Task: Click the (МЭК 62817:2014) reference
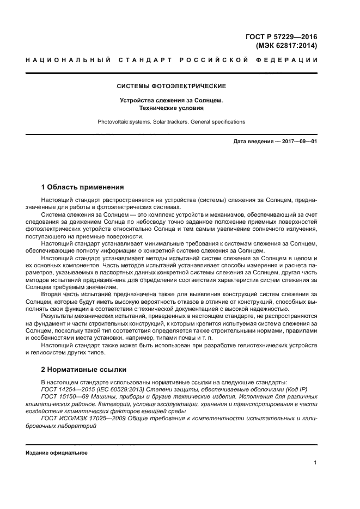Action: (286, 46)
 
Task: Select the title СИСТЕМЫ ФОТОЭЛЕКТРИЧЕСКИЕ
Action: (172, 86)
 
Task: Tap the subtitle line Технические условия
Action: (172, 108)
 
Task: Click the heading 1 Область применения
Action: (83, 187)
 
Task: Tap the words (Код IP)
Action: (295, 389)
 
